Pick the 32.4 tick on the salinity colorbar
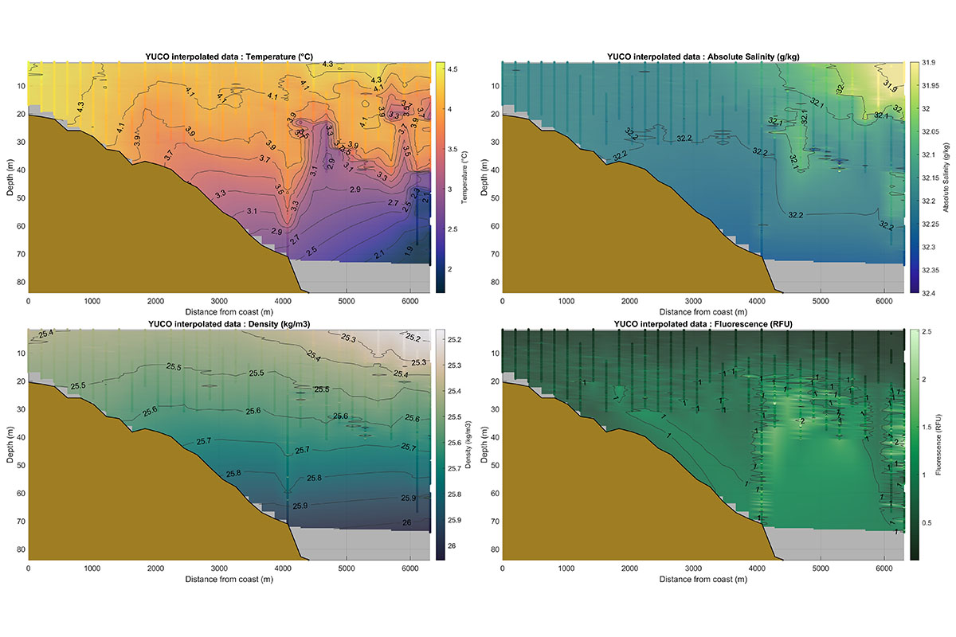(926, 293)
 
